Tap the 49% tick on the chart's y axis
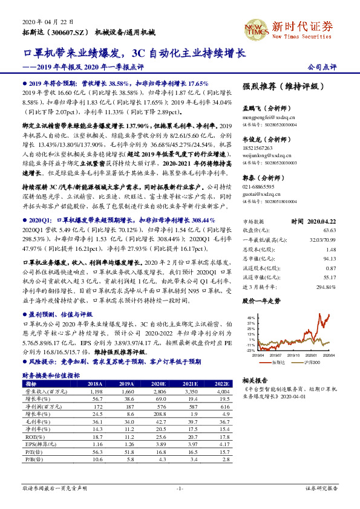coord(250,317)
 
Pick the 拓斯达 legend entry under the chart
coord(278,361)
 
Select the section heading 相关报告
coord(254,380)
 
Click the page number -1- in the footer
coord(179,488)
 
